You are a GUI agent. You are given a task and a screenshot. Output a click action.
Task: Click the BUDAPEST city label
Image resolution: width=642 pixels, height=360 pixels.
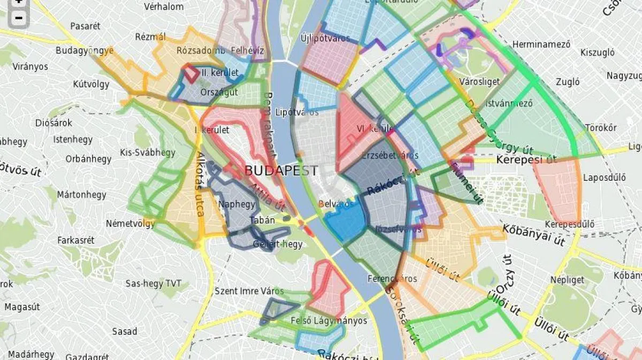point(281,171)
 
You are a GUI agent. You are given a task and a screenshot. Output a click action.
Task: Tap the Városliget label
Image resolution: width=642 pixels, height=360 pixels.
point(483,82)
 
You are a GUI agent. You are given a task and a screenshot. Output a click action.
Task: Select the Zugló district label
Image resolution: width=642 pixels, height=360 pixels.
point(568,82)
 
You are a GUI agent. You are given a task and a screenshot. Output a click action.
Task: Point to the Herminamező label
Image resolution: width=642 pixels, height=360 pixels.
point(541,44)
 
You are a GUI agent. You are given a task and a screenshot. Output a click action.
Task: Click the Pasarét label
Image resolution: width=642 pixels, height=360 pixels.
point(85,26)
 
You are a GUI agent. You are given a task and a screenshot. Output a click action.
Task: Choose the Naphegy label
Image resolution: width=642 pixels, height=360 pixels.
point(237,204)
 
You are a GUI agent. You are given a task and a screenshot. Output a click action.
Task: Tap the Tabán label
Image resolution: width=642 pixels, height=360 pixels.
point(262,220)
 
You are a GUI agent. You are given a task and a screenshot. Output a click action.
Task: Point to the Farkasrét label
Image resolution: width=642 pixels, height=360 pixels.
point(75,240)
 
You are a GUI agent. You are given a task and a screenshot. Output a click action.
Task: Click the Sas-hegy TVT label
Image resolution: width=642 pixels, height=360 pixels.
point(154,284)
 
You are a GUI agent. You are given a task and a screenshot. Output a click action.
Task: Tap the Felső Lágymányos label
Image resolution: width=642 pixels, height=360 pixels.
point(328,320)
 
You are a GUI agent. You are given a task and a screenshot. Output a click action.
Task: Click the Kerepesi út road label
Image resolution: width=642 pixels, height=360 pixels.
point(526,159)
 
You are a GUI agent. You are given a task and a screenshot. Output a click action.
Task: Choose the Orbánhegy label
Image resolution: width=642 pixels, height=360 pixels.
point(88,159)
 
